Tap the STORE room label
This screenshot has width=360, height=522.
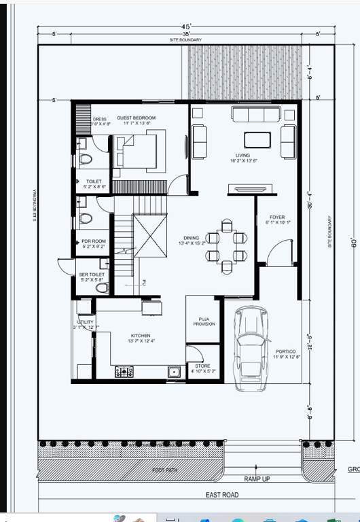[202, 366]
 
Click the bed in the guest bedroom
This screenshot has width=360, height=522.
[138, 151]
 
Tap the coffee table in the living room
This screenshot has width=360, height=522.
[257, 139]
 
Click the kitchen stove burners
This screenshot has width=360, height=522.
[124, 371]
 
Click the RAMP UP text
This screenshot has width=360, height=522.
[257, 479]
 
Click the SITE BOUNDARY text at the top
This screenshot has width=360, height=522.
[185, 40]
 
